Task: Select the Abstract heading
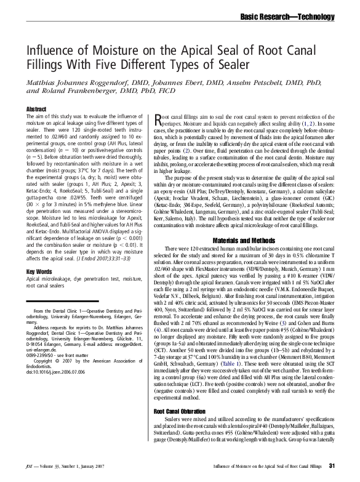click(36, 109)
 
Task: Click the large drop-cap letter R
click(158, 118)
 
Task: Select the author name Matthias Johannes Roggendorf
click(73, 81)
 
